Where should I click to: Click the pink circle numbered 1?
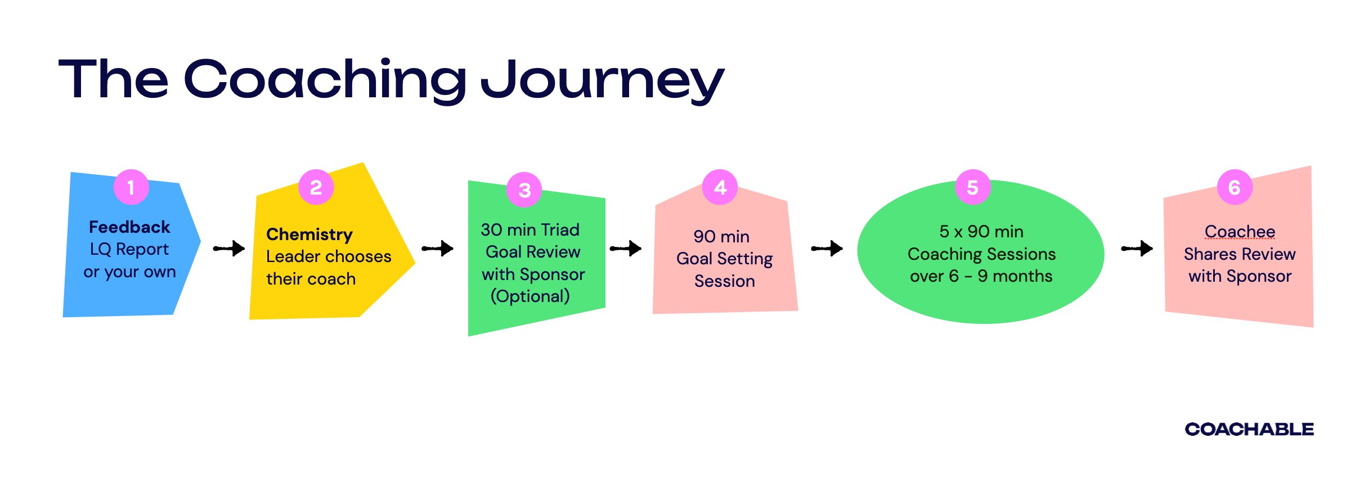pyautogui.click(x=131, y=187)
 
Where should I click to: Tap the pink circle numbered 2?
pyautogui.click(x=316, y=187)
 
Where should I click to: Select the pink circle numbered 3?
pyautogui.click(x=524, y=190)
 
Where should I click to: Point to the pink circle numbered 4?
pyautogui.click(x=720, y=187)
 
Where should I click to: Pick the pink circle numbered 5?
pyautogui.click(x=972, y=187)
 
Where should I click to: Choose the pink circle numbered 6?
pyautogui.click(x=1235, y=187)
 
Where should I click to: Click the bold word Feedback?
pyautogui.click(x=129, y=227)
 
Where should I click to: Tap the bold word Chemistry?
pyautogui.click(x=309, y=235)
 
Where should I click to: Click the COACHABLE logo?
pyautogui.click(x=1249, y=429)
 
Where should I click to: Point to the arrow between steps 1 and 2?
pyautogui.click(x=229, y=248)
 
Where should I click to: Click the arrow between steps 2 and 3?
pyautogui.click(x=438, y=248)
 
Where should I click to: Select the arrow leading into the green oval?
pyautogui.click(x=827, y=248)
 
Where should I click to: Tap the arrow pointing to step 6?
pyautogui.click(x=1137, y=248)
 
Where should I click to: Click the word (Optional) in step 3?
pyautogui.click(x=530, y=296)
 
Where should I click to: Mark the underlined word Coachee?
pyautogui.click(x=1240, y=232)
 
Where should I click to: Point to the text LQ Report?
pyautogui.click(x=129, y=249)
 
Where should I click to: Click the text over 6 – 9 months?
pyautogui.click(x=981, y=276)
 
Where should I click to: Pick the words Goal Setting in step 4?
pyautogui.click(x=724, y=259)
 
